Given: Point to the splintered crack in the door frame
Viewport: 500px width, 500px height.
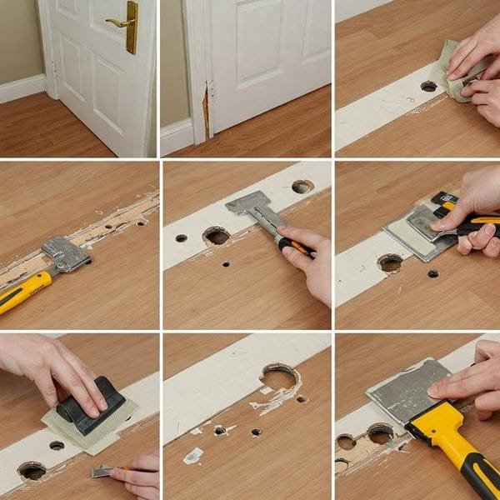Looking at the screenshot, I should [203, 113].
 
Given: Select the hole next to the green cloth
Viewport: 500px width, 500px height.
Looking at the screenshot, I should [428, 86].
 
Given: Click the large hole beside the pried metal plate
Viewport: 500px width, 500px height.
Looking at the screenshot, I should [389, 263].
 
